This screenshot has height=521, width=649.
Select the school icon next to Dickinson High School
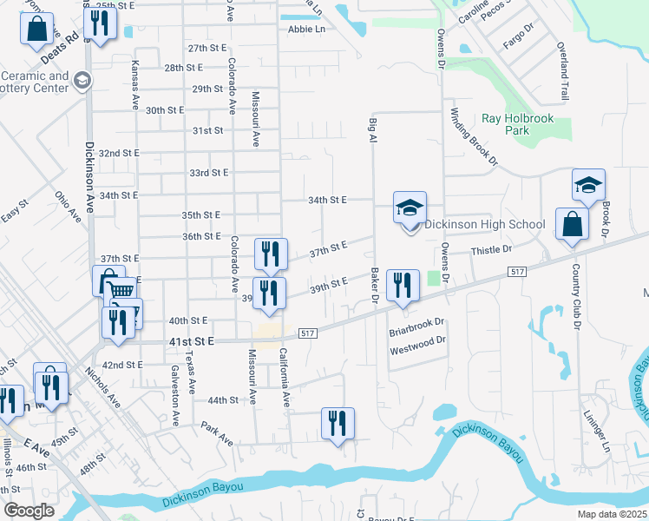410,208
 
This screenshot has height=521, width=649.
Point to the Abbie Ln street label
306,29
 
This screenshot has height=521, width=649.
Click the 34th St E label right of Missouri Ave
327,200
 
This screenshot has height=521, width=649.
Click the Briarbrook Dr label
416,325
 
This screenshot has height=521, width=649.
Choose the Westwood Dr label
416,344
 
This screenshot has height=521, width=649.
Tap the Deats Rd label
59,49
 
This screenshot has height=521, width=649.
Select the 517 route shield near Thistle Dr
518,273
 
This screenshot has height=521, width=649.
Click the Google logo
29,511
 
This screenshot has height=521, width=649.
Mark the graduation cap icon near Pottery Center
82,81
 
